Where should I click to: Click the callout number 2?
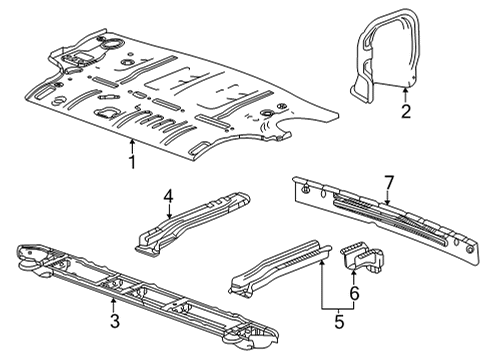(405, 111)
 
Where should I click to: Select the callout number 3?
(114, 320)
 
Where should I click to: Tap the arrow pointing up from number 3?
(114, 306)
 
